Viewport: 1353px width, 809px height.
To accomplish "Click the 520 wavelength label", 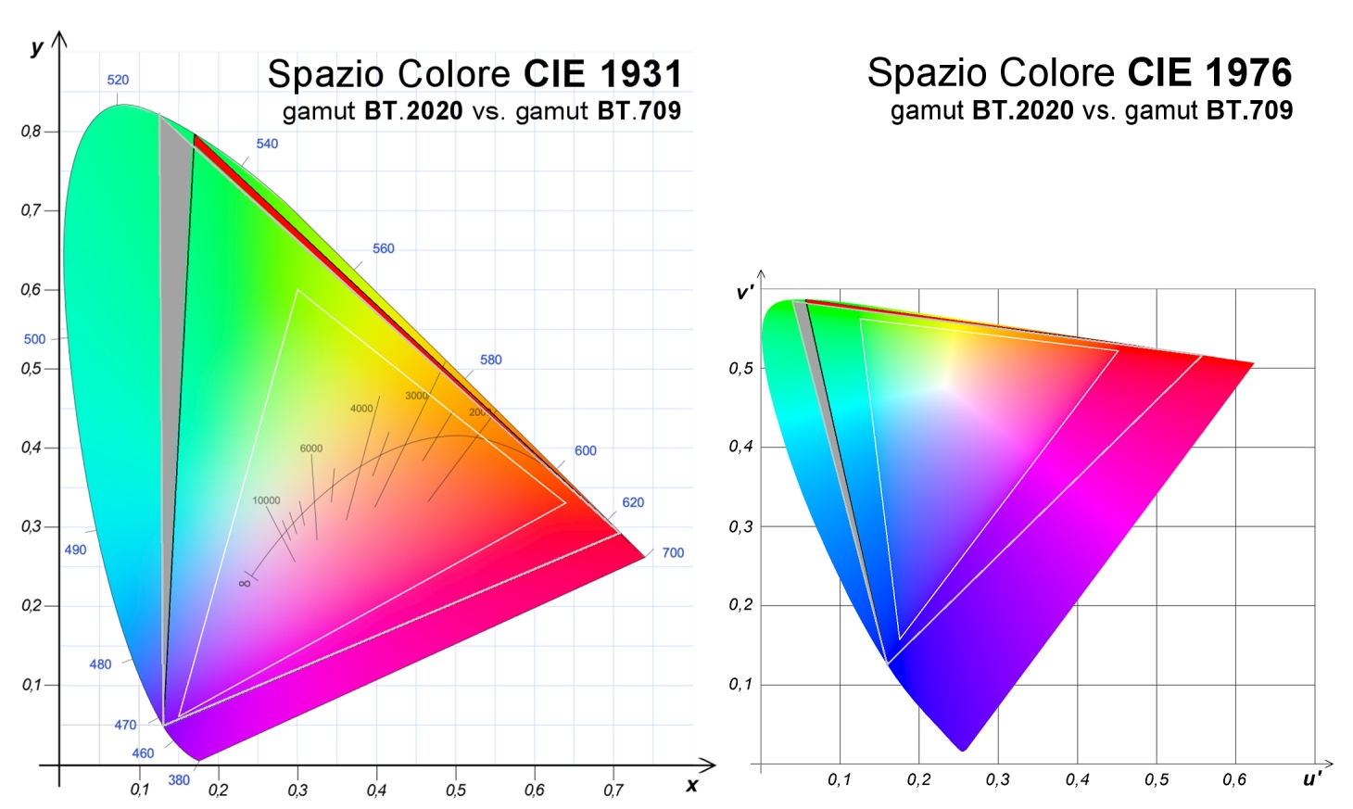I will coord(118,80).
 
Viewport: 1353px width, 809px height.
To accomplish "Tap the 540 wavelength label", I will coord(267,144).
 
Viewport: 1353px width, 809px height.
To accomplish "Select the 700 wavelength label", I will coord(673,553).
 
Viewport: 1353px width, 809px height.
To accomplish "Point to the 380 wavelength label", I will coord(179,780).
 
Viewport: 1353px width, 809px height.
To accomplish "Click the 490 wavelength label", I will coord(75,550).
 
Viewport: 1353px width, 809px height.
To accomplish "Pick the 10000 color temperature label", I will coord(266,500).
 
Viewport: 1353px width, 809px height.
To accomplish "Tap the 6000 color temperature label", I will coord(311,449).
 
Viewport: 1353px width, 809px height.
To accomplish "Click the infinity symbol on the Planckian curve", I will coord(245,583).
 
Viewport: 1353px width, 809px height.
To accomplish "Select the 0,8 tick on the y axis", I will coord(32,132).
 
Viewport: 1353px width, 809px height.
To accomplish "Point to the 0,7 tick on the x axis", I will coord(613,790).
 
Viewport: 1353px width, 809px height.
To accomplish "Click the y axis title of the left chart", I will coord(37,47).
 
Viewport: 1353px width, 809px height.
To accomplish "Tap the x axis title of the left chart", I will coord(691,785).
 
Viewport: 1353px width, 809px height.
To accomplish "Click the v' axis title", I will coord(744,293).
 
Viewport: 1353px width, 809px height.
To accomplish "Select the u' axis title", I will coord(1312,779).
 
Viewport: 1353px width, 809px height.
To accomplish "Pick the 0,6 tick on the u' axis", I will coord(1234,780).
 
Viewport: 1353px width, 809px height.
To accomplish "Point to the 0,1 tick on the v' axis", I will coord(740,685).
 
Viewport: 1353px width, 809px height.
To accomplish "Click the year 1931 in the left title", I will coord(640,74).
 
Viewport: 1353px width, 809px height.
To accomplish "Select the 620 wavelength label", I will coord(633,502).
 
